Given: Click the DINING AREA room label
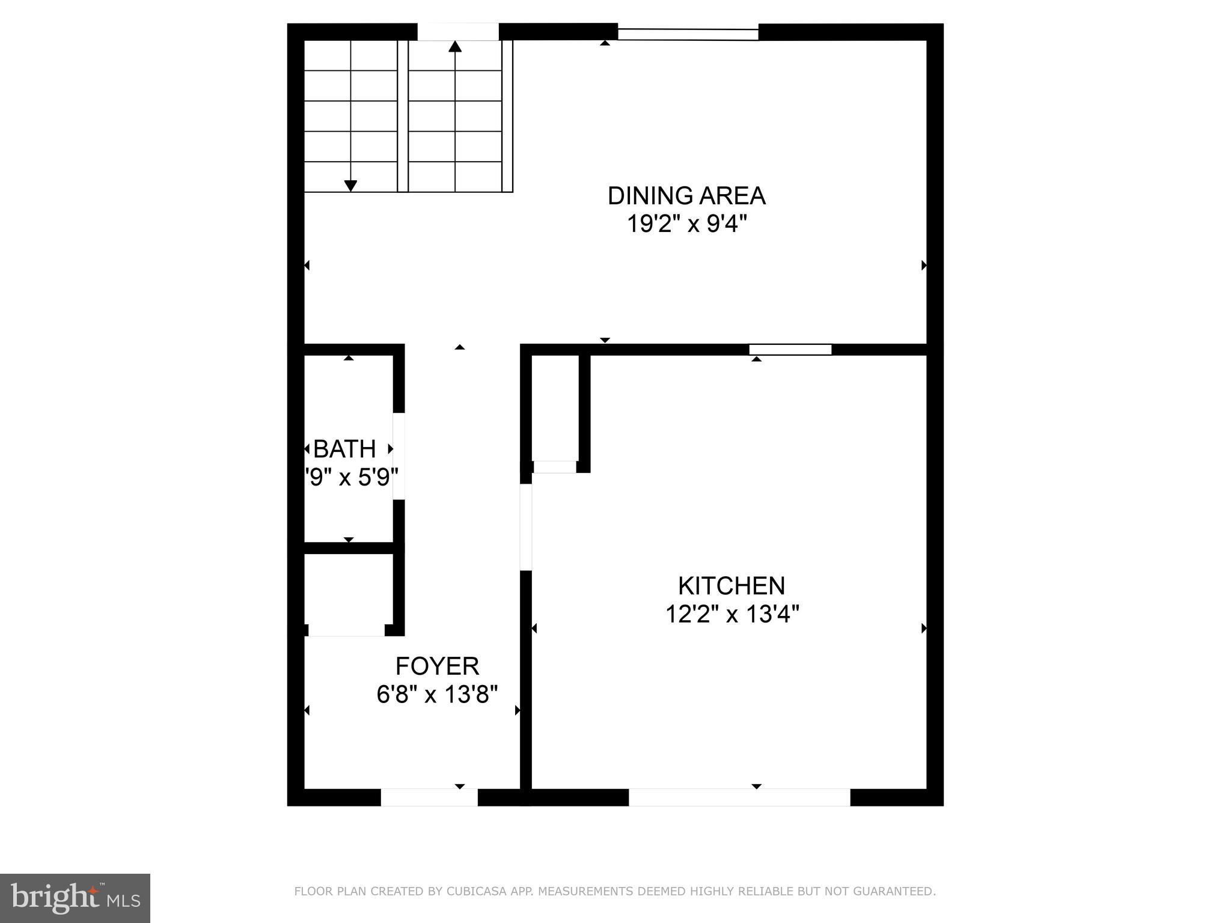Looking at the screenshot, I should (686, 196).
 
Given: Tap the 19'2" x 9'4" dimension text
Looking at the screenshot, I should (686, 225).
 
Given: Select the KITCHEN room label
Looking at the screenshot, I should (731, 586).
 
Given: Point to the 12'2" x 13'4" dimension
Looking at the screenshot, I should (732, 615).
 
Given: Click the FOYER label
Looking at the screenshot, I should (437, 666).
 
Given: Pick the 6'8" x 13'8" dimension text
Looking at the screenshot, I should (437, 695).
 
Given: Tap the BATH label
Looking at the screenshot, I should (345, 449).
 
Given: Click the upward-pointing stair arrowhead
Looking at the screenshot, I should (455, 47).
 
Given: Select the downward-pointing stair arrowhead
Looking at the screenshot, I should (350, 186).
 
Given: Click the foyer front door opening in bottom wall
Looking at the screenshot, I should (429, 797).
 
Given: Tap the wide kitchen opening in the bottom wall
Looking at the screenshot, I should (739, 797).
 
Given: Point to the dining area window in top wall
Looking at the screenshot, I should (688, 34).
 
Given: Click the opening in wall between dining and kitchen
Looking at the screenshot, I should (790, 350).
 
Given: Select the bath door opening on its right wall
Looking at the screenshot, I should (399, 455).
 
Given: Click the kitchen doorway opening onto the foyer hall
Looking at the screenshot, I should (526, 527).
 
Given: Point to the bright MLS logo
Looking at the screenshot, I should (75, 898).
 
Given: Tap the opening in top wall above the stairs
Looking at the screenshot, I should (458, 32).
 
